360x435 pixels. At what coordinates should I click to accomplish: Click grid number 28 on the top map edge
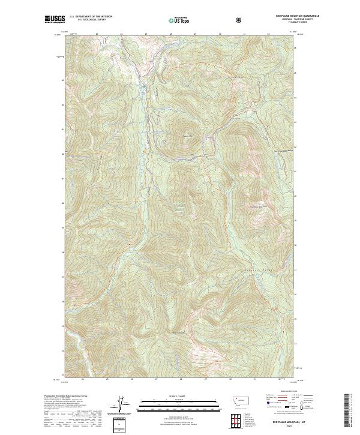tap(170, 34)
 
